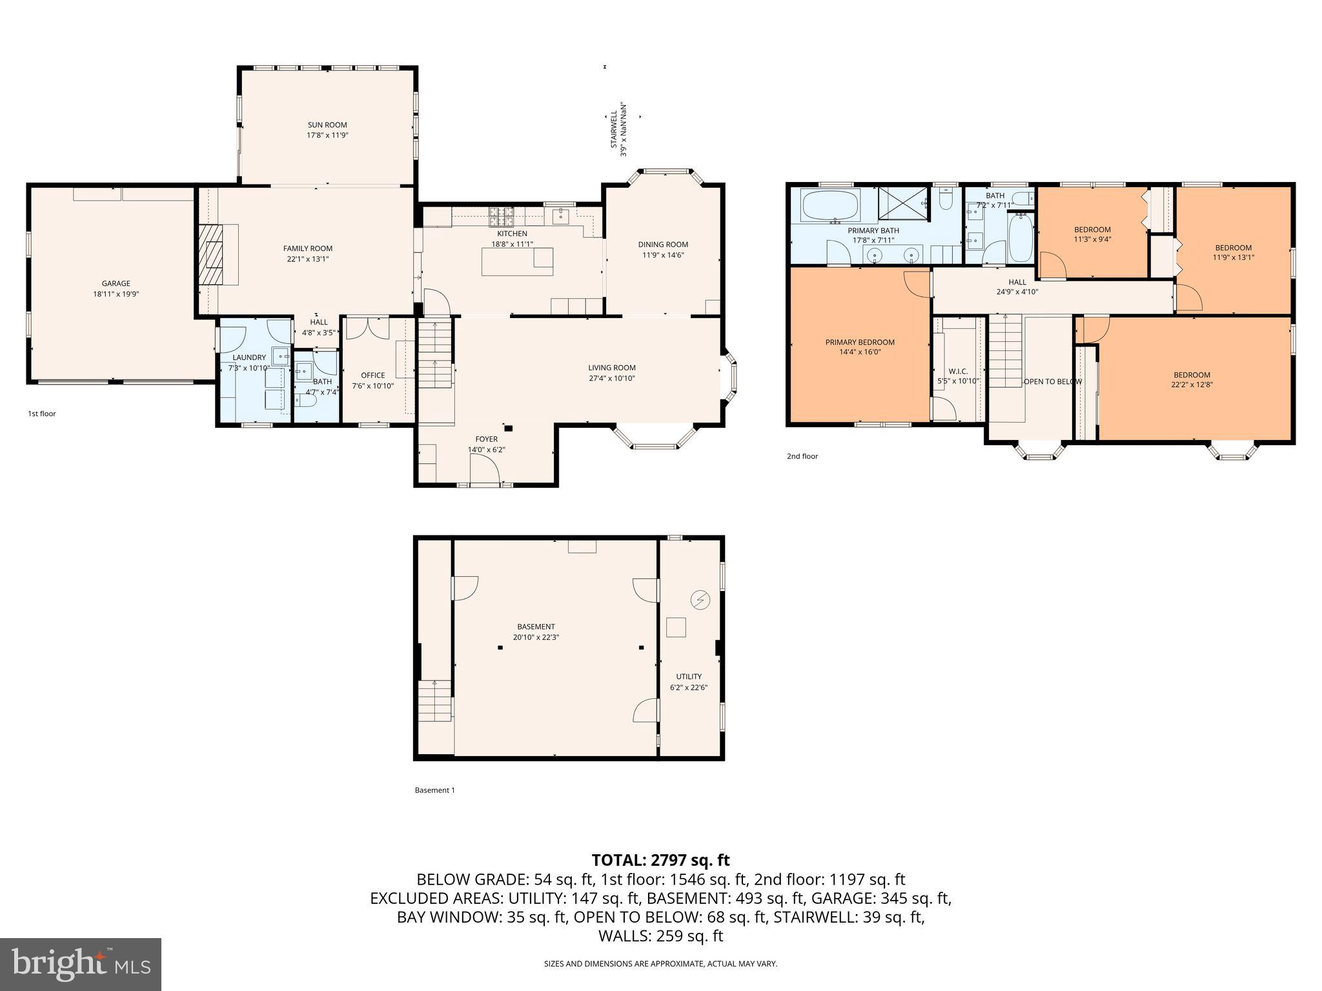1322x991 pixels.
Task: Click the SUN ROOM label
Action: tap(327, 125)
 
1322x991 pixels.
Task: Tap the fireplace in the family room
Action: tap(212, 254)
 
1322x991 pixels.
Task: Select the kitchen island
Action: tap(517, 261)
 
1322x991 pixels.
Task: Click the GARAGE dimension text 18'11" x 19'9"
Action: tap(116, 294)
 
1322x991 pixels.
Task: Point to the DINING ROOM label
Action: tap(663, 245)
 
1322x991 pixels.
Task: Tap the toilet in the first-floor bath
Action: tap(306, 401)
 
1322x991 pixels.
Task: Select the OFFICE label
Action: tap(372, 375)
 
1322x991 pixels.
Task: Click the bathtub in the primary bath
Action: tap(830, 205)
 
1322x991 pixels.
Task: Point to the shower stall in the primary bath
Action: tap(902, 205)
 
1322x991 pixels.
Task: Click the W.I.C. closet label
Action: tap(958, 372)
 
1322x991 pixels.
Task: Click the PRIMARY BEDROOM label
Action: tap(860, 343)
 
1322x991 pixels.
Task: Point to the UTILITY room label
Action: tap(689, 677)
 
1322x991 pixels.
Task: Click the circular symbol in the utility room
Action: tap(700, 601)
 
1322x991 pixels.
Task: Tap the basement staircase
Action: tap(434, 701)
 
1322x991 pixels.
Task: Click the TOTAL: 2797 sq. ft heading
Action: tap(660, 860)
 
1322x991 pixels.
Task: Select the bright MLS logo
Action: tap(81, 964)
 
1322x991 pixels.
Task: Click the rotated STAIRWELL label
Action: tap(614, 130)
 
